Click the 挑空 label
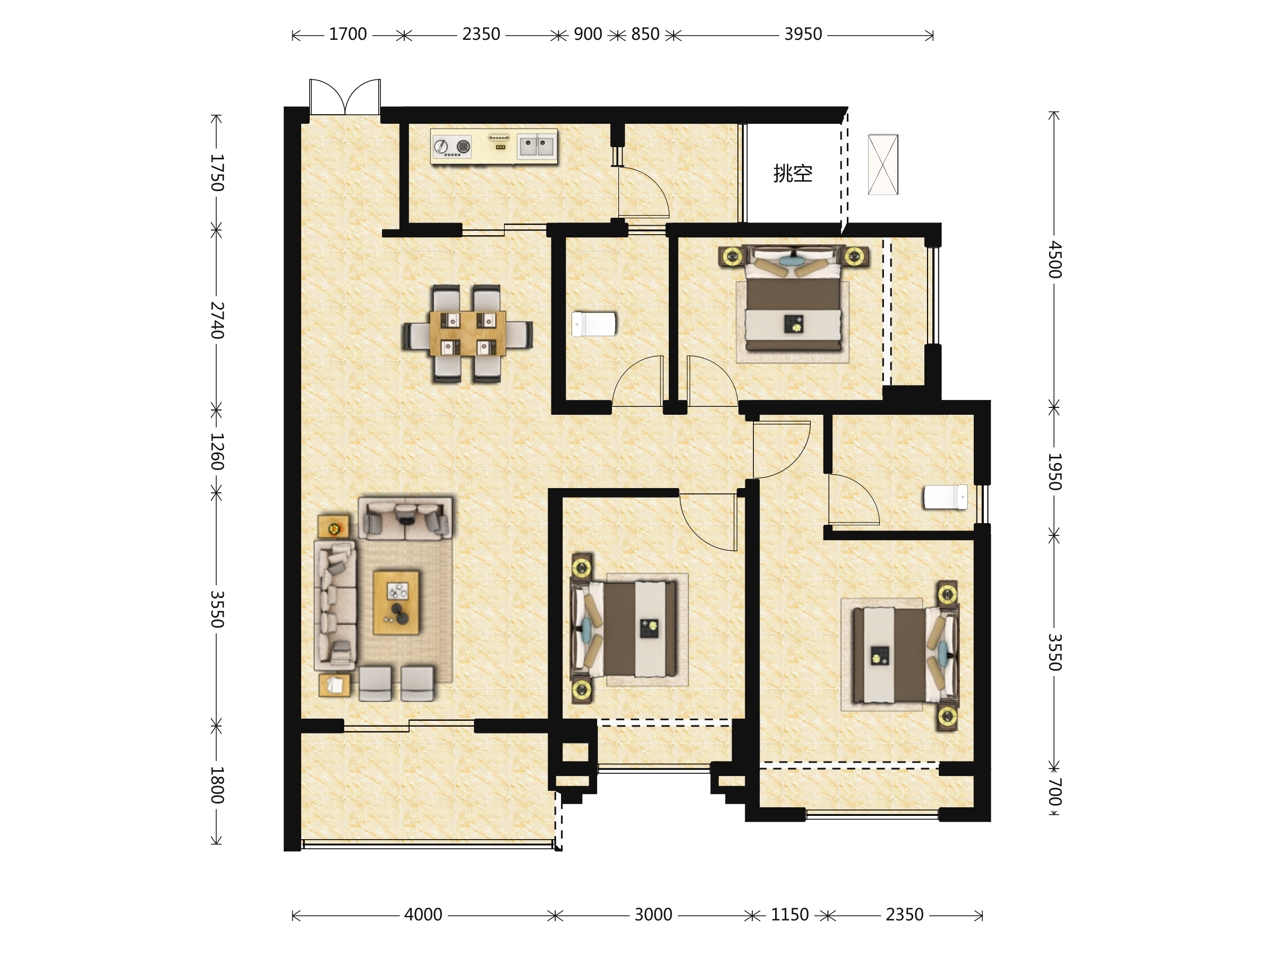point(793,173)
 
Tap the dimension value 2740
point(217,320)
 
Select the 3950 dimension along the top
point(803,35)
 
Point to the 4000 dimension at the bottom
point(423,915)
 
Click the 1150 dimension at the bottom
point(789,915)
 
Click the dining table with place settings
point(467,333)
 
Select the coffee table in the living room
point(396,603)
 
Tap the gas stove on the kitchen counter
point(452,147)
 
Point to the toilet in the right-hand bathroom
point(946,497)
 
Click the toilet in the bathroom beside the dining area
point(594,324)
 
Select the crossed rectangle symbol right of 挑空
point(883,165)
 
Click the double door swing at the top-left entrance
point(345,96)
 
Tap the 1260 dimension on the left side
point(217,452)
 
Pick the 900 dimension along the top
point(588,35)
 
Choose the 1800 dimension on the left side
point(217,785)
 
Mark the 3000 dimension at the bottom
point(653,915)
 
